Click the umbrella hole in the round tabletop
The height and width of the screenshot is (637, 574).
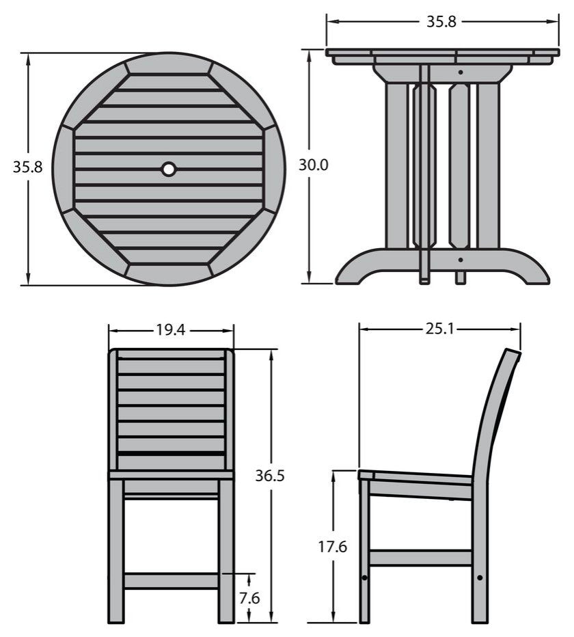tap(168, 168)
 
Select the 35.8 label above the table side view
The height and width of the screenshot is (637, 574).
tap(441, 21)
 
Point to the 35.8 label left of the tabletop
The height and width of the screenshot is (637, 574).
tap(27, 166)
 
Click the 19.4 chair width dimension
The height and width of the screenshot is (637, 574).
tap(170, 330)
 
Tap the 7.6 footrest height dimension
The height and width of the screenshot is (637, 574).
tap(249, 597)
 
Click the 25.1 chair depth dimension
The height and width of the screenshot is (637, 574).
tap(440, 329)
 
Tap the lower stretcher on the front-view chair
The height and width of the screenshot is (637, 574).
tap(171, 581)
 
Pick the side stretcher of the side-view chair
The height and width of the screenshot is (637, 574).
tap(420, 558)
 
